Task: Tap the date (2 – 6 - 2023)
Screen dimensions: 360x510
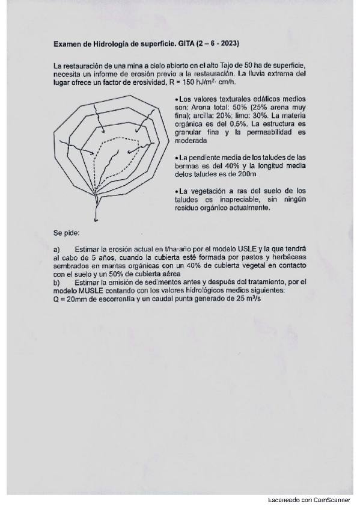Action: pos(218,44)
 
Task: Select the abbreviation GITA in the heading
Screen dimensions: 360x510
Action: pos(185,44)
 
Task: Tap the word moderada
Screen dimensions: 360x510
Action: pos(191,141)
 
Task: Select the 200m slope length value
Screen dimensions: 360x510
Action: pos(247,174)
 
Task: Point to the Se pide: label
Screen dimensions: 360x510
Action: pos(66,233)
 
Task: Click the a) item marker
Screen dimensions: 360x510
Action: pos(56,249)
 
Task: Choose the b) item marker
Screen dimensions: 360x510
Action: pos(56,281)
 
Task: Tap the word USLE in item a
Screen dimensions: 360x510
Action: pos(236,249)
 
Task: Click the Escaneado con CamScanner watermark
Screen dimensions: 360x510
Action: pos(312,500)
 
